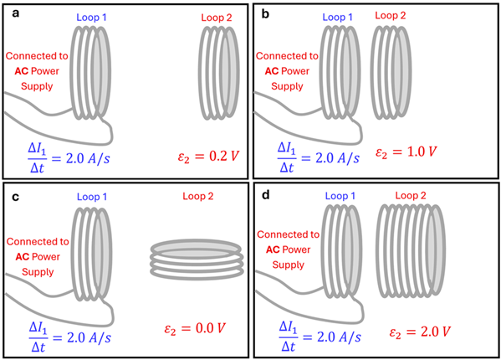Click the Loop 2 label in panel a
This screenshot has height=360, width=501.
pos(220,18)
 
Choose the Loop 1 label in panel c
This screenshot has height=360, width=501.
pos(94,196)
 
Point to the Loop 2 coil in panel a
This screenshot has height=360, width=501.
pos(220,75)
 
